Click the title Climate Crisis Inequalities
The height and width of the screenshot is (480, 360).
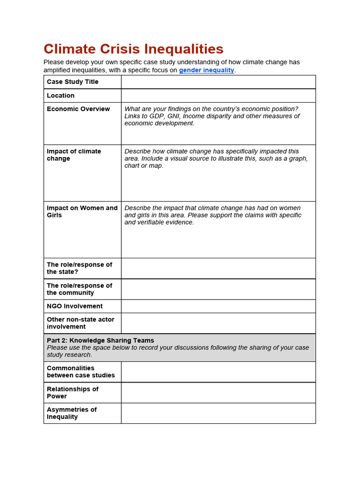pos(134,49)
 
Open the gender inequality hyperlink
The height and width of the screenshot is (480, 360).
pos(206,70)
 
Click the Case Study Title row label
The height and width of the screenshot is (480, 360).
pos(73,82)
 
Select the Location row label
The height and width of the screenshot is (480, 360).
pos(60,96)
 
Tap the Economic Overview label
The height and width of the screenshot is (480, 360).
pos(78,109)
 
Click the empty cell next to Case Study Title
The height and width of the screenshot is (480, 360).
pos(218,82)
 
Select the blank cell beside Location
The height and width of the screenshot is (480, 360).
pos(218,96)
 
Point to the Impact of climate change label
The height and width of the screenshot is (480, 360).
pos(74,155)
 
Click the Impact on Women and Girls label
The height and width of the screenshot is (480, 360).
pos(82,211)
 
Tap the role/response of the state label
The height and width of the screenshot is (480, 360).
pos(79,268)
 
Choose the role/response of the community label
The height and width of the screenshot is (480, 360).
pos(79,289)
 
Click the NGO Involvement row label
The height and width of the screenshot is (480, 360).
pos(75,306)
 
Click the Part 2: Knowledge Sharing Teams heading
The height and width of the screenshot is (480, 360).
pos(100,340)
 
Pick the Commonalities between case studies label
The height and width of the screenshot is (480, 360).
pos(81,372)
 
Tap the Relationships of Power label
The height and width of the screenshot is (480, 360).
pos(72,392)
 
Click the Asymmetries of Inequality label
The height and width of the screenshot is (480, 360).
pos(71,413)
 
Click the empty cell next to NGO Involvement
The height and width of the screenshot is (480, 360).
pos(218,306)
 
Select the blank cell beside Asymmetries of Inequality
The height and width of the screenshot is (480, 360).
pos(218,413)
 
